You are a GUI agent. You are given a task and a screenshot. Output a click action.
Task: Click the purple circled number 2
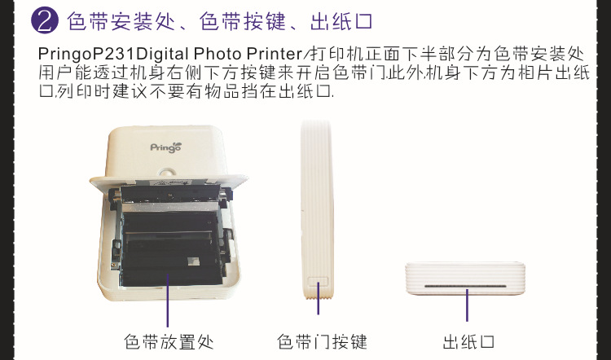pyautogui.click(x=45, y=21)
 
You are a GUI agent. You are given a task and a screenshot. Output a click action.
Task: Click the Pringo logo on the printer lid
pyautogui.click(x=166, y=147)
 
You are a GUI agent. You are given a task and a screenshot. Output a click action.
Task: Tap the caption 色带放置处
pyautogui.click(x=169, y=342)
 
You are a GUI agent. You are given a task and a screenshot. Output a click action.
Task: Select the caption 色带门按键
pyautogui.click(x=322, y=342)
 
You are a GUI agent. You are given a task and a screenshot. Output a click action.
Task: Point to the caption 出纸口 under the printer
pyautogui.click(x=468, y=342)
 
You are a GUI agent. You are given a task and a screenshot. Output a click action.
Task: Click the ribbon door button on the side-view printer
pyautogui.click(x=318, y=283)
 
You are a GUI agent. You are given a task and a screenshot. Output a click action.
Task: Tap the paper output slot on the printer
pyautogui.click(x=465, y=286)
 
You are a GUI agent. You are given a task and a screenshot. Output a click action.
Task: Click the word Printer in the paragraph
pyautogui.click(x=274, y=54)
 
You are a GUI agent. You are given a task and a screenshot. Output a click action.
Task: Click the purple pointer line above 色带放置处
pyautogui.click(x=168, y=301)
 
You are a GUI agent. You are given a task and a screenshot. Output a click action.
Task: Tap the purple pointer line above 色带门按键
pyautogui.click(x=318, y=298)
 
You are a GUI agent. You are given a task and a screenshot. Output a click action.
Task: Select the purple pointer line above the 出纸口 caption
pyautogui.click(x=467, y=305)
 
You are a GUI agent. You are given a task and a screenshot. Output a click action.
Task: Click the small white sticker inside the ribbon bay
pyautogui.click(x=193, y=261)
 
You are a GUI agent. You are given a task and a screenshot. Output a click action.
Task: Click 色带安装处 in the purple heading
pyautogui.click(x=121, y=21)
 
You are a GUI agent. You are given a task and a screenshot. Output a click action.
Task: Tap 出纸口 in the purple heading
pyautogui.click(x=341, y=21)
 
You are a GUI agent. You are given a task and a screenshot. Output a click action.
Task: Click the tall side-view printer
pyautogui.click(x=317, y=209)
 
